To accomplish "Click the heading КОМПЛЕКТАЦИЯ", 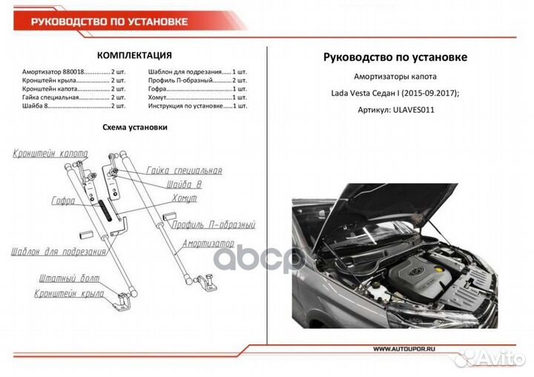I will coord(135,55).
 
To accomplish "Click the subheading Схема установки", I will coord(134,127).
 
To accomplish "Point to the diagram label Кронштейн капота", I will coord(49,154).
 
